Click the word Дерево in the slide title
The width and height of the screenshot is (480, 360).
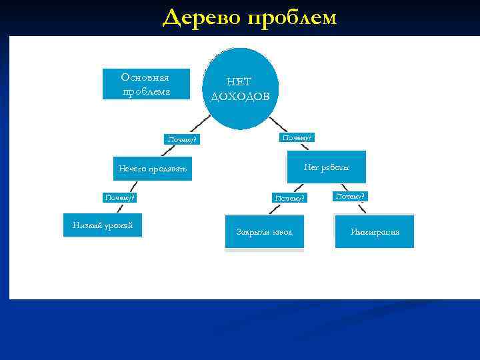pyautogui.click(x=201, y=17)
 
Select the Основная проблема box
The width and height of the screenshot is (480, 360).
pyautogui.click(x=146, y=84)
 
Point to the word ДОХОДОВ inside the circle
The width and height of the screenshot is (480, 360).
pyautogui.click(x=240, y=96)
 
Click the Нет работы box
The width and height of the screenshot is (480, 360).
pyautogui.click(x=327, y=167)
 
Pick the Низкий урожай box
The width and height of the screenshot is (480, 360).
pyautogui.click(x=103, y=226)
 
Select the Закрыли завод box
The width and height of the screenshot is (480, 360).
pyautogui.click(x=265, y=232)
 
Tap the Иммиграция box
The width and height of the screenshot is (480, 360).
pyautogui.click(x=375, y=232)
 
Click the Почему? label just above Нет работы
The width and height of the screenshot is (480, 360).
pyautogui.click(x=297, y=137)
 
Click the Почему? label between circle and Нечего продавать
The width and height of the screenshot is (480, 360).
pyautogui.click(x=182, y=139)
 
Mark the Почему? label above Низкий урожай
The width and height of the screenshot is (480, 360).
pyautogui.click(x=120, y=197)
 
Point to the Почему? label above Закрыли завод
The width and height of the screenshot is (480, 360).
pyautogui.click(x=290, y=198)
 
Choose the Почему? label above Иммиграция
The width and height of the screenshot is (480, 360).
pyautogui.click(x=351, y=196)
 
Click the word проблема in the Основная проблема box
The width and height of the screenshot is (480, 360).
pyautogui.click(x=146, y=91)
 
